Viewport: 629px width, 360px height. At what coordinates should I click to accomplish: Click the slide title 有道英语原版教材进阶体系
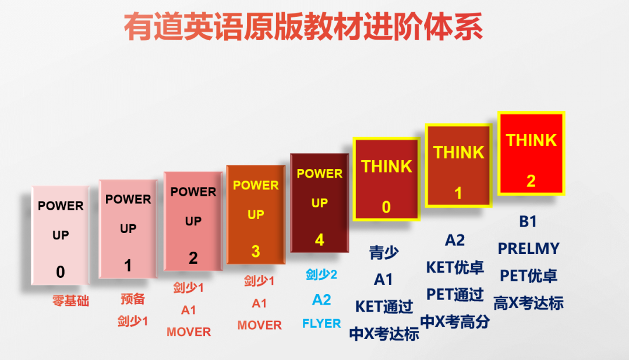[x=303, y=26]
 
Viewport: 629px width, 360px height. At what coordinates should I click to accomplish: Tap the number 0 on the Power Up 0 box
[x=61, y=272]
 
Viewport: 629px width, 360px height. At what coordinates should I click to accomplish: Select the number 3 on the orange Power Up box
[x=256, y=252]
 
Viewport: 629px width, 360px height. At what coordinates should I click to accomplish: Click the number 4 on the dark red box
[x=319, y=240]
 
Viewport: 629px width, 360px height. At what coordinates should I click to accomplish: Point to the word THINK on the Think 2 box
[x=531, y=140]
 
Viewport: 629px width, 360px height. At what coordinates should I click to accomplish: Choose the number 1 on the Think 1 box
[x=458, y=193]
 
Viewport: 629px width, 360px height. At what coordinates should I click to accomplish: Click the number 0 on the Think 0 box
[x=386, y=207]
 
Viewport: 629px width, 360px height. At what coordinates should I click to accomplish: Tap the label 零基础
[x=70, y=301]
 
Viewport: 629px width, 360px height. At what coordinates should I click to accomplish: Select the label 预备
[x=133, y=299]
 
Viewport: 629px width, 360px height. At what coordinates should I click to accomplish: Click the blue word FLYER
[x=321, y=323]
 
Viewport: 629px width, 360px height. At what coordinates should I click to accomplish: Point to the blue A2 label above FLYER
[x=321, y=300]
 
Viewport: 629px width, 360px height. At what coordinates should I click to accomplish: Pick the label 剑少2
[x=321, y=275]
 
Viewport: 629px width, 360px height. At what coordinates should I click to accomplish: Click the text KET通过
[x=384, y=306]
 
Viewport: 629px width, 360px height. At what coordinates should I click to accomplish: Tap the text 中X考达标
[x=384, y=334]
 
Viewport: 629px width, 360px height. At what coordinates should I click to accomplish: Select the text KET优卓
[x=455, y=267]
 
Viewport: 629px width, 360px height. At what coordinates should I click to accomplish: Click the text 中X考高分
[x=455, y=322]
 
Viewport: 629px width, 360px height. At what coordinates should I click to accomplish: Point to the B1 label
[x=528, y=221]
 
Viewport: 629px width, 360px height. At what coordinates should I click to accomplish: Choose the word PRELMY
[x=528, y=249]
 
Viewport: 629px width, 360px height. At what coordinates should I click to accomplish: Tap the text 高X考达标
[x=528, y=303]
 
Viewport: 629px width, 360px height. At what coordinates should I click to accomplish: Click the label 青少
[x=384, y=253]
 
